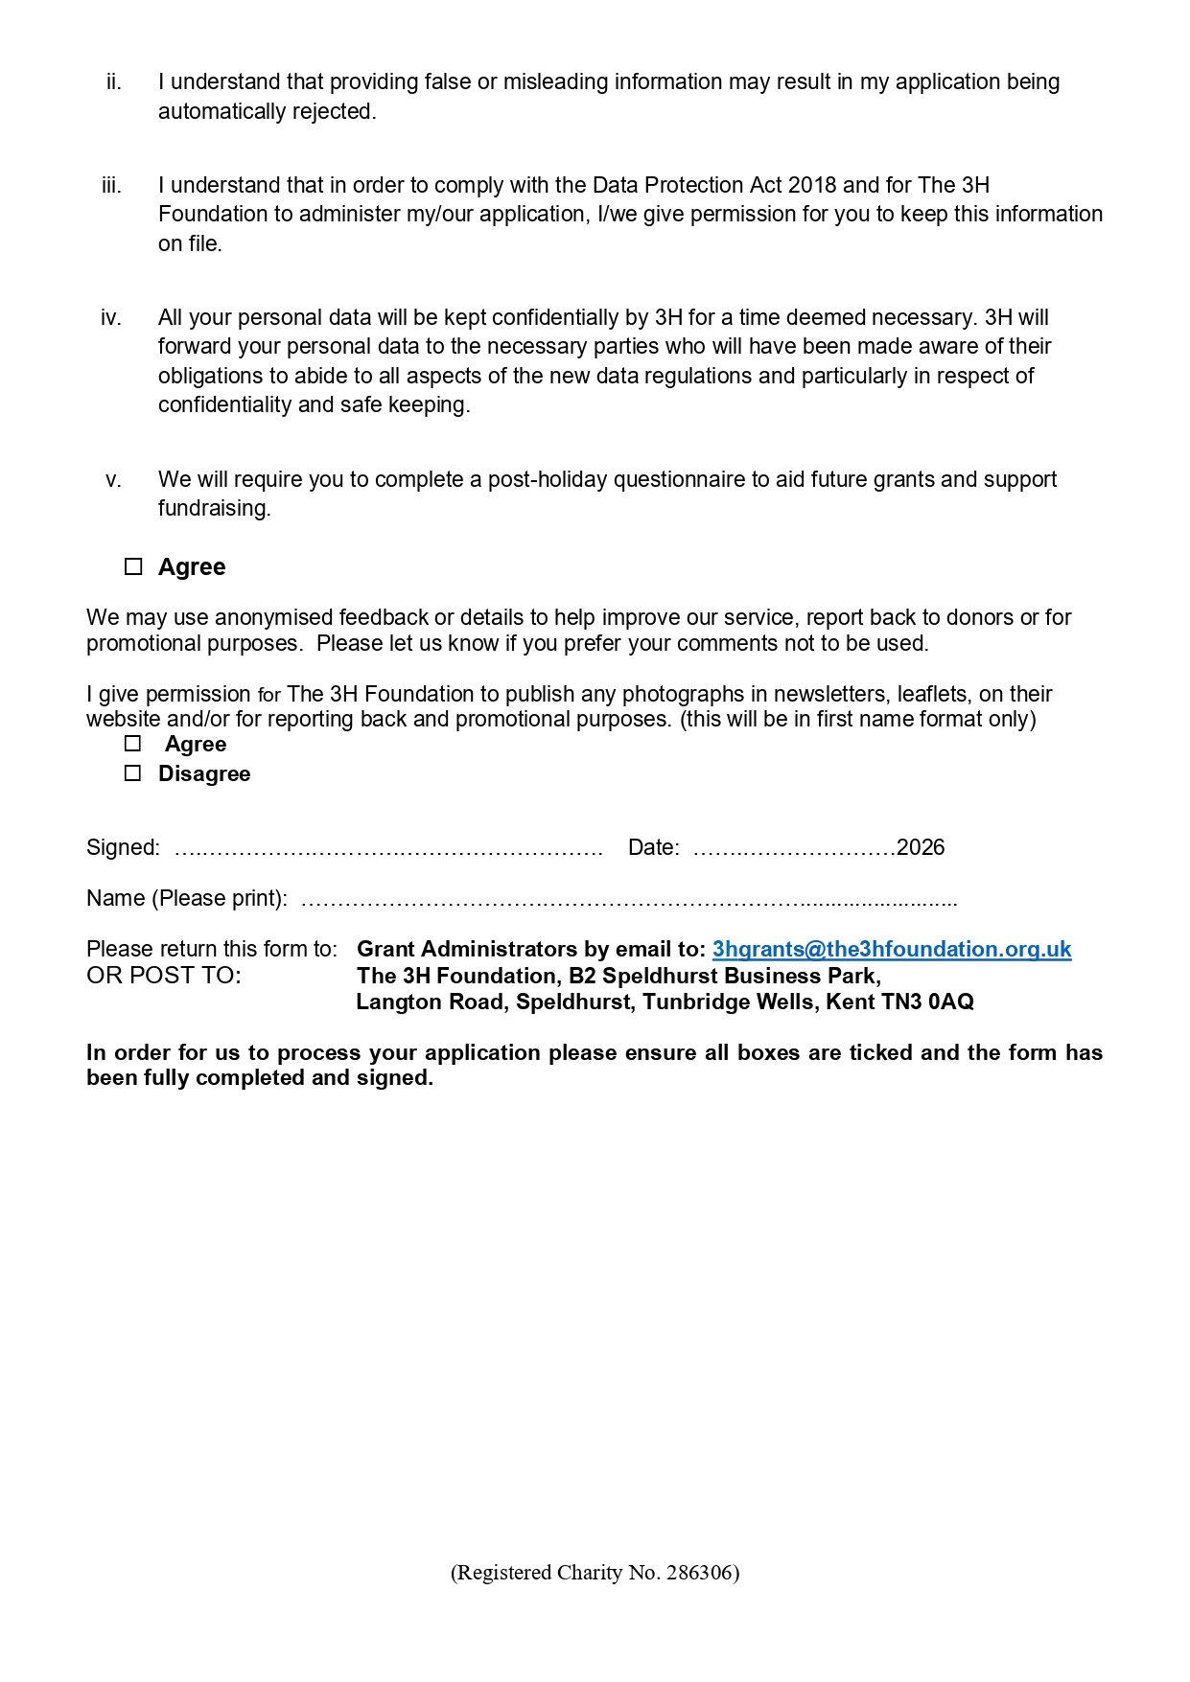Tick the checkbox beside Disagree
133,773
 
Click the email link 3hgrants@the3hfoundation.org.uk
891,949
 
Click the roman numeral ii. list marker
114,82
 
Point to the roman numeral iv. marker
111,318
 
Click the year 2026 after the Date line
921,847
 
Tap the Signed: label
124,847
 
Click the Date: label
653,847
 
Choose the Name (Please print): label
187,898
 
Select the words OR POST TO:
164,976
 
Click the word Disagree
204,773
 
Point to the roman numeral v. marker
113,480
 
